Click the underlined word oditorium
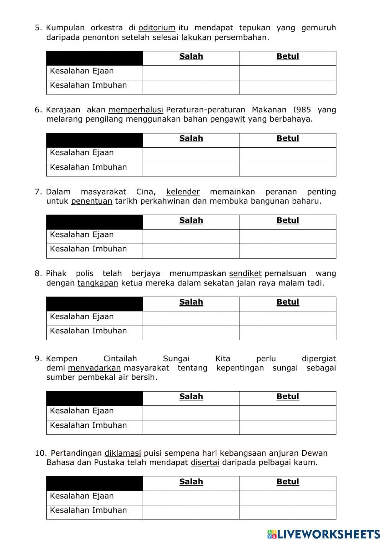157,28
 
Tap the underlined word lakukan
196,38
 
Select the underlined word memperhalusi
136,110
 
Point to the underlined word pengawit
228,119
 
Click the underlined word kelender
183,192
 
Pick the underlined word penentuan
92,201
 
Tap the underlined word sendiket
245,274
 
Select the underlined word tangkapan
98,283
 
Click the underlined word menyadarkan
94,368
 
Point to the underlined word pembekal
97,377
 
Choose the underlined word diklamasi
123,453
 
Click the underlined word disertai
205,463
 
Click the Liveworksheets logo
324,534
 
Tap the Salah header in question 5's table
191,57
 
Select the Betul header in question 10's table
288,482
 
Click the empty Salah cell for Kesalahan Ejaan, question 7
191,236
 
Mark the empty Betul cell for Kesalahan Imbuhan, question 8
288,333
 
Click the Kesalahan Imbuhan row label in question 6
88,168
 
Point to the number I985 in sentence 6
302,110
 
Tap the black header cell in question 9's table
95,398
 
